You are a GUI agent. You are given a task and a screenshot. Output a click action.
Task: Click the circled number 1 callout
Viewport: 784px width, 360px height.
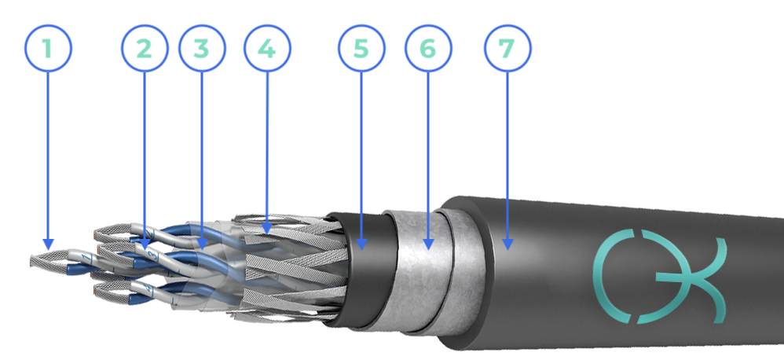48,49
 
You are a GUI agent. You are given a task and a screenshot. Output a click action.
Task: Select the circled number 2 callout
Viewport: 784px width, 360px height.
144,49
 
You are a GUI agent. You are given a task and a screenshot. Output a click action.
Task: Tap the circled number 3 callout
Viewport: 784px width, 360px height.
202,49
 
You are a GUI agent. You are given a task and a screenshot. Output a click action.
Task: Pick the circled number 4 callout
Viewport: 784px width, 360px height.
267,49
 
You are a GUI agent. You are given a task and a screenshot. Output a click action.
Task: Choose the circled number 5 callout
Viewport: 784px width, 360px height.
361,49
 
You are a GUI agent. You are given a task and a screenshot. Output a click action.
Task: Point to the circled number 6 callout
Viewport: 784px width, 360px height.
428,49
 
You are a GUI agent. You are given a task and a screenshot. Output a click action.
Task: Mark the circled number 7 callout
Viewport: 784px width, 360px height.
507,49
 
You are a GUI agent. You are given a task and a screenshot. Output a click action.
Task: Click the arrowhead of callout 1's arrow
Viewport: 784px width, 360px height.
48,244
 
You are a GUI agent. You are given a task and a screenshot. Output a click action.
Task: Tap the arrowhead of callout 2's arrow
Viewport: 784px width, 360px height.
144,244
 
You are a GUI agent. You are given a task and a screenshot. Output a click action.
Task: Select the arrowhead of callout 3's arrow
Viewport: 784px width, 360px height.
202,244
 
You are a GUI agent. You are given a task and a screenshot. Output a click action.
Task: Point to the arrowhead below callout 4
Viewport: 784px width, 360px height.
267,229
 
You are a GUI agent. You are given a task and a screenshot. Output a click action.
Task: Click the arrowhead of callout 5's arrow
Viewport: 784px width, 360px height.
361,244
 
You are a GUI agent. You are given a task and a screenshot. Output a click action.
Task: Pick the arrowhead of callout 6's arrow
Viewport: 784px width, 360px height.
428,244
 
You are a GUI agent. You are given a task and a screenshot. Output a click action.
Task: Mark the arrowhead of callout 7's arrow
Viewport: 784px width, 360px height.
507,244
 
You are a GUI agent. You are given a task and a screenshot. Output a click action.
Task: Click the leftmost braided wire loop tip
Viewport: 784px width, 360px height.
32,260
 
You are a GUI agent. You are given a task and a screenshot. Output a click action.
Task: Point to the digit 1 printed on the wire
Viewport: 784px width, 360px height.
89,258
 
